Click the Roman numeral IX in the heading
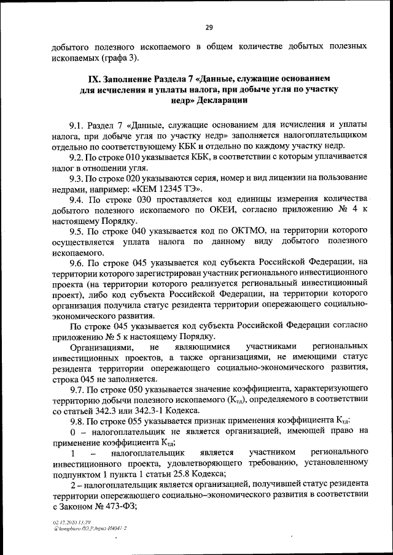pyautogui.click(x=90, y=79)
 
